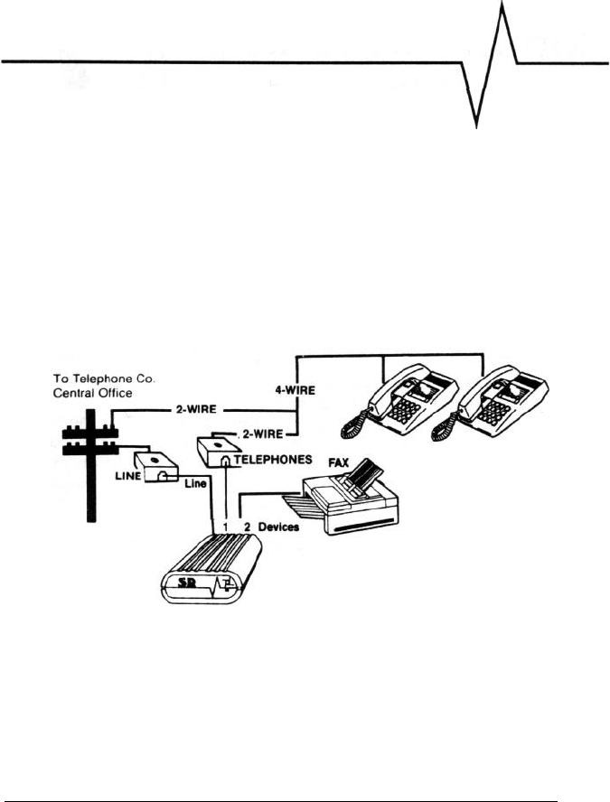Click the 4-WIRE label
coord(295,395)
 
